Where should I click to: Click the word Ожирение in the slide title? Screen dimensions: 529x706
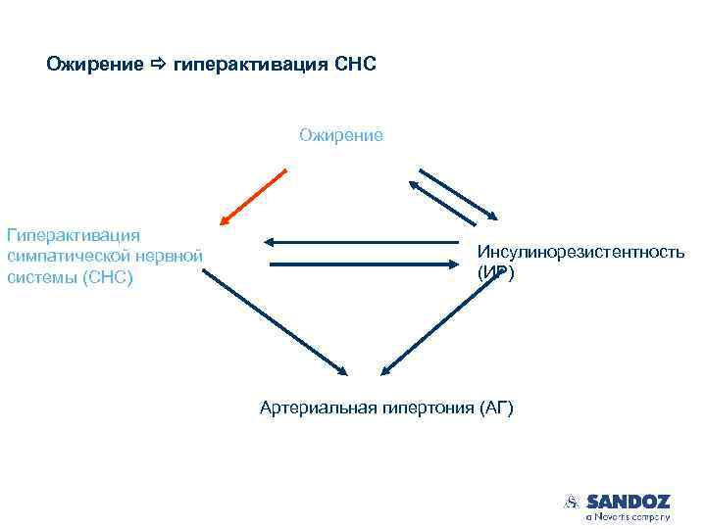(88, 66)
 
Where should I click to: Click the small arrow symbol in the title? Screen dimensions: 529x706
(159, 66)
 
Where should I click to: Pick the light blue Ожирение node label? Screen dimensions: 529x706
(341, 135)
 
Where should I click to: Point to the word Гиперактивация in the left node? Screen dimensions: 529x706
(74, 235)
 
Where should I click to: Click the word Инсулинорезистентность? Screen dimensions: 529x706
(580, 253)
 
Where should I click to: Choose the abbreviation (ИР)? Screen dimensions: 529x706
(495, 273)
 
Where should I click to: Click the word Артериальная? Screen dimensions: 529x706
(314, 407)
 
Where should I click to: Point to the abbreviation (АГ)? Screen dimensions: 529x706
(497, 407)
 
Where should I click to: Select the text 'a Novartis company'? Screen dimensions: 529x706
(628, 516)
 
